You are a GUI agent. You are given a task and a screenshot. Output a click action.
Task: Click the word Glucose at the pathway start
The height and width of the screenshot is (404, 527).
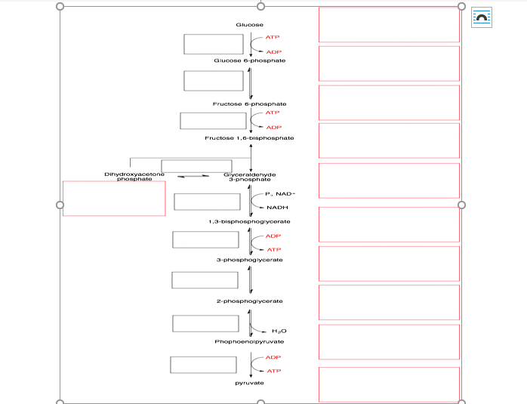pos(249,25)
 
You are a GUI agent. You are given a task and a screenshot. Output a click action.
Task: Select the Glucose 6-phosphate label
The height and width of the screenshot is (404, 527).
pos(249,60)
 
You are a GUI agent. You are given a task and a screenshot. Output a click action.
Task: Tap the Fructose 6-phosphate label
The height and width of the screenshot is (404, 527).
pos(249,103)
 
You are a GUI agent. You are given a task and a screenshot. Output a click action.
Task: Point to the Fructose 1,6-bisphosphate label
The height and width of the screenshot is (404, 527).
pos(249,138)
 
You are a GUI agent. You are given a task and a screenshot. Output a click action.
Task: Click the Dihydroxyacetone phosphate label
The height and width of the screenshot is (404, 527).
pos(130,177)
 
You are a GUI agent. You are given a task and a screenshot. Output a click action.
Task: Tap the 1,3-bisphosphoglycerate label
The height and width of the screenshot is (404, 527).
pos(249,221)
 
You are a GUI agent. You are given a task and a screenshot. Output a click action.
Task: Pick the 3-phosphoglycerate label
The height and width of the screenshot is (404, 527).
pos(249,260)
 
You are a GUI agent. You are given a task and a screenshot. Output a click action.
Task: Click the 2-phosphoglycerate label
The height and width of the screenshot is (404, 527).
pos(249,301)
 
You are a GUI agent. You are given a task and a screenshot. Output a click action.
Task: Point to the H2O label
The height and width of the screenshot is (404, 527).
pos(279,331)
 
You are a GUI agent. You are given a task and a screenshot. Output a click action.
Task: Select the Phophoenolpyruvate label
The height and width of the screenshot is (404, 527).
pos(249,342)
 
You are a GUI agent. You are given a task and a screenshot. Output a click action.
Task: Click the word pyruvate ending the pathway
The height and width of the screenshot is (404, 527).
pos(249,384)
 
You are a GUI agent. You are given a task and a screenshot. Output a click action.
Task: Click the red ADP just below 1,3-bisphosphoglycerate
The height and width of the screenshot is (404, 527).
pos(273,236)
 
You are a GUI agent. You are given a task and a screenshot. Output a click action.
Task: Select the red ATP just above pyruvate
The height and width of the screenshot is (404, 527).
pos(273,371)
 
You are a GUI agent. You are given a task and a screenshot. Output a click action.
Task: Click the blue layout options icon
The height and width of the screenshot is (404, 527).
pos(481,17)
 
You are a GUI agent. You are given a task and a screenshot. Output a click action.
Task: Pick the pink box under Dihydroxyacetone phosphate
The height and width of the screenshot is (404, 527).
pos(114,199)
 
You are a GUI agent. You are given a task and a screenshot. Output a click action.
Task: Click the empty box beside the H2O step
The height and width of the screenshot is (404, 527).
pos(205,323)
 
